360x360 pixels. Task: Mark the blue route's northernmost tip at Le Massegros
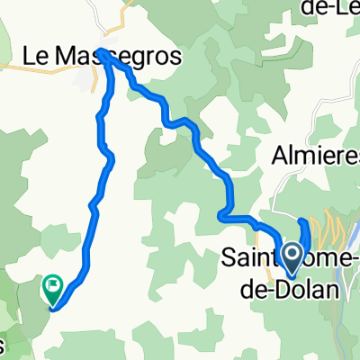point(103,52)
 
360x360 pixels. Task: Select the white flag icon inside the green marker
point(53,287)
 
